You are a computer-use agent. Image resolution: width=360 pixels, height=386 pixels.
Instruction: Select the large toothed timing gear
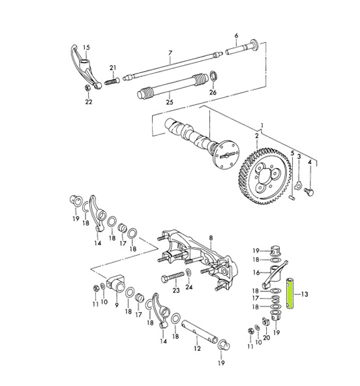pos(265,177)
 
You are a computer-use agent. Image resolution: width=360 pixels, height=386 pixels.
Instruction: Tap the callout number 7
pos(170,53)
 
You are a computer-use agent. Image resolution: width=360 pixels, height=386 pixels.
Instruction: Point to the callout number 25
pos(170,102)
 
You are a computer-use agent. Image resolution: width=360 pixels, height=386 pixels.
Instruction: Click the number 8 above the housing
pos(211,238)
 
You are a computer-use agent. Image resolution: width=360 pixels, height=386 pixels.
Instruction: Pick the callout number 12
pos(197,348)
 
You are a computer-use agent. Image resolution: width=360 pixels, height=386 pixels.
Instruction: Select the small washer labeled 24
pos(188,271)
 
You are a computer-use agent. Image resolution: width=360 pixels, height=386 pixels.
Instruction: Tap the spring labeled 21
pos(112,81)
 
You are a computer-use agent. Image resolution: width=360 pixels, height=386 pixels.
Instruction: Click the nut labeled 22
pos(87,87)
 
